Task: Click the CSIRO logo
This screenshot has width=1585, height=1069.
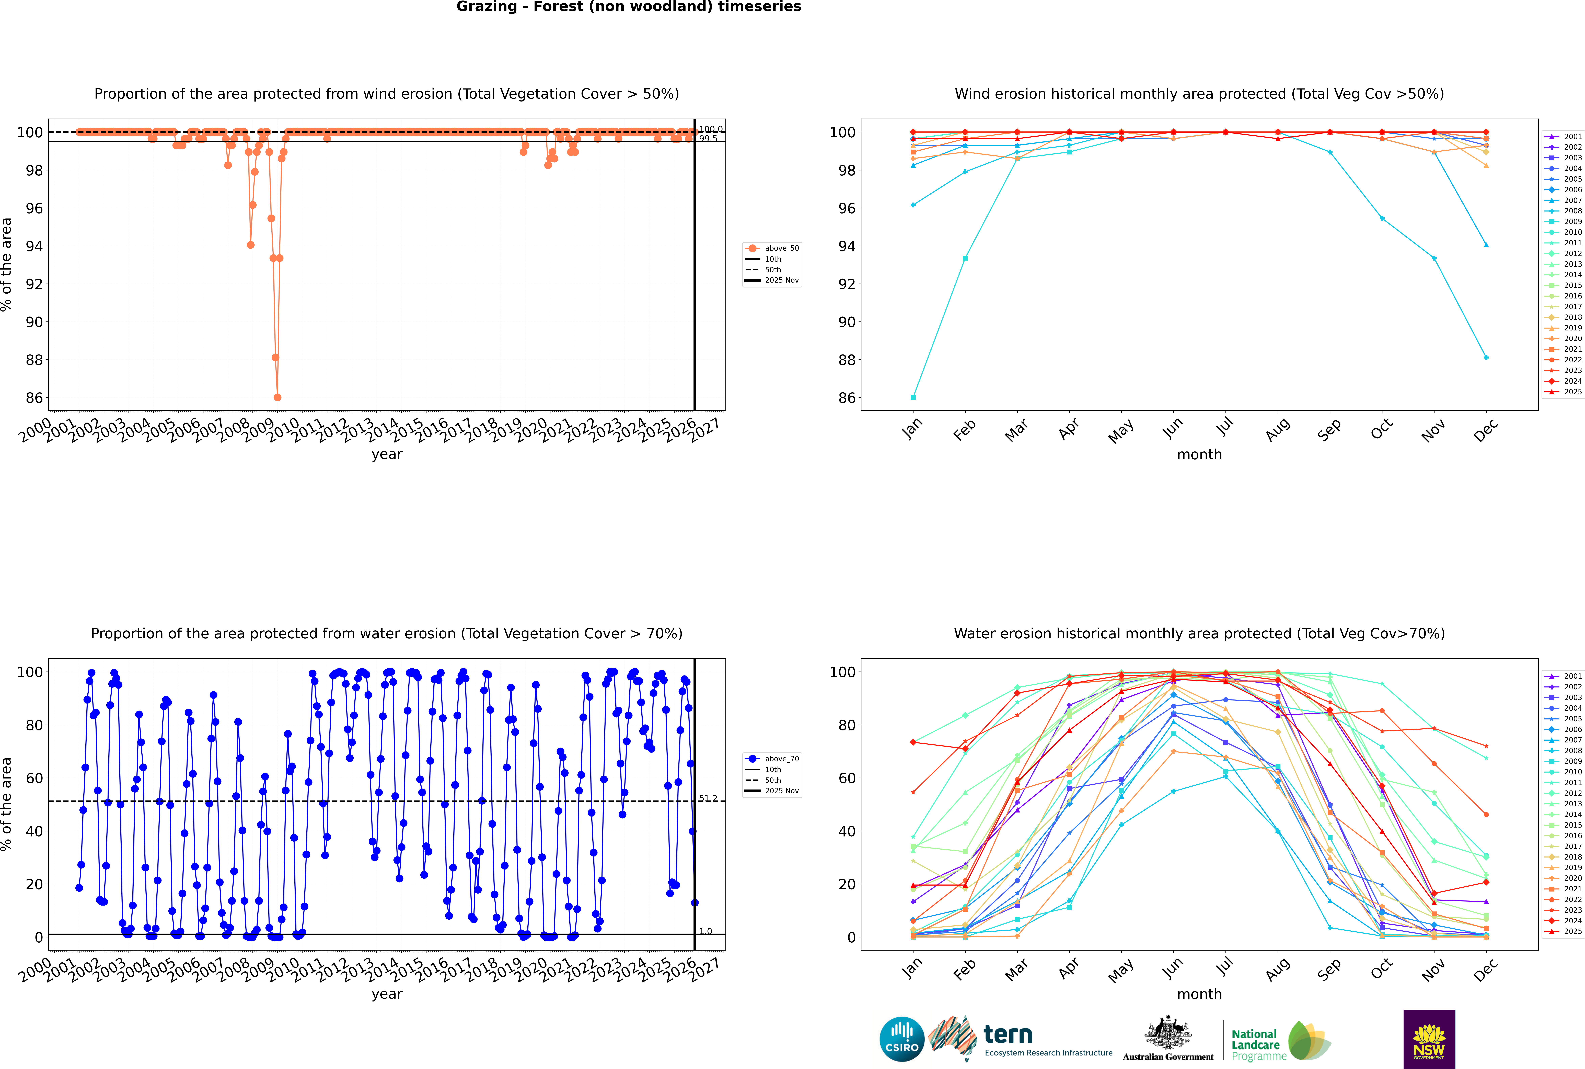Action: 901,1039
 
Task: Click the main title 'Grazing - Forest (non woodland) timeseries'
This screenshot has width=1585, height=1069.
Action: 628,7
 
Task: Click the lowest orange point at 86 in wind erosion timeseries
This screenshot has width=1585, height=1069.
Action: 277,397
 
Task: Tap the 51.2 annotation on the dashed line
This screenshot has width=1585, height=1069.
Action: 707,798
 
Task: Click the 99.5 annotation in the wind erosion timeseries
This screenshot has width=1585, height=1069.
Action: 707,138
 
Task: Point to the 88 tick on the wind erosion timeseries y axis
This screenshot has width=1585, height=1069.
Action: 34,360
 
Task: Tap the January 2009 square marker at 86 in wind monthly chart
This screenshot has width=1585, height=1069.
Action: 913,397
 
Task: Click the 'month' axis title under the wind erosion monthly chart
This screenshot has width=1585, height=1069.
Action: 1199,455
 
